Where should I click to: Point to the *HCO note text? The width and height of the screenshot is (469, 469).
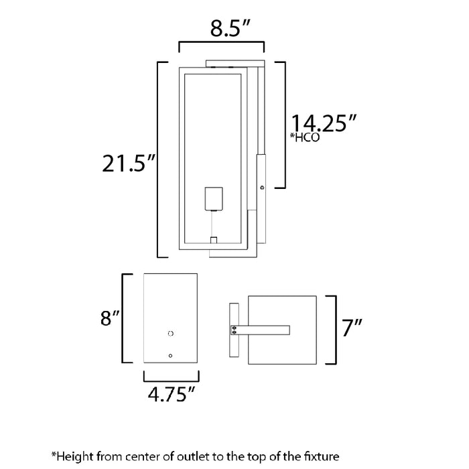[x=304, y=139]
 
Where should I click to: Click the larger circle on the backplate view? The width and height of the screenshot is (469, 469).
[x=170, y=333]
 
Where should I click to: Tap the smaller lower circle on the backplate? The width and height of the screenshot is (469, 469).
[x=171, y=355]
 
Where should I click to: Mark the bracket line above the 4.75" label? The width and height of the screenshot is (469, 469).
[x=171, y=376]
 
